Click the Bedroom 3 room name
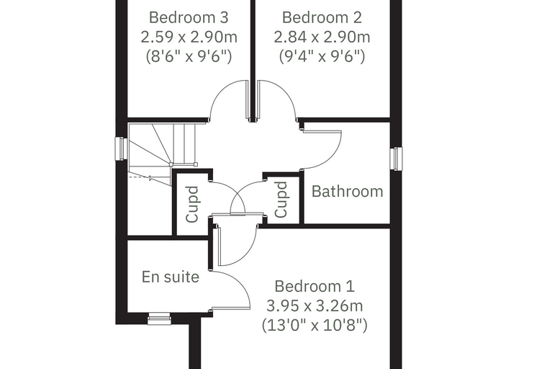189,17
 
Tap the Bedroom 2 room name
322,17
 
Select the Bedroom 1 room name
315,286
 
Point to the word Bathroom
347,192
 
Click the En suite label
171,277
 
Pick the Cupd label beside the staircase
192,205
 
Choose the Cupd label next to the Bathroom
281,200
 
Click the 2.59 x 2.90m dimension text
189,37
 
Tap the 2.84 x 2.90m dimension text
322,37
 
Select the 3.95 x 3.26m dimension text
315,306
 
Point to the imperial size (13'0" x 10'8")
315,325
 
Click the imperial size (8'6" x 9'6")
189,56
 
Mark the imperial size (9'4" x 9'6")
322,56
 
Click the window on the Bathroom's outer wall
396,159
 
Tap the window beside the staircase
121,148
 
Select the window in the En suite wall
159,319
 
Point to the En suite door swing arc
240,284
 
